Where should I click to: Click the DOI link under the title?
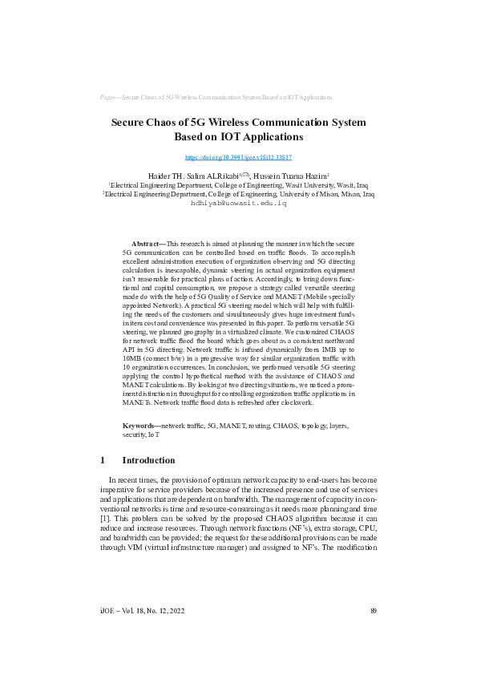click(x=238, y=158)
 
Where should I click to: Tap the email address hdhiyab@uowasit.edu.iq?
click(x=238, y=204)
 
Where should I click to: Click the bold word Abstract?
click(x=148, y=242)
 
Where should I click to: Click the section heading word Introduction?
click(x=148, y=460)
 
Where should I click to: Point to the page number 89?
click(x=374, y=633)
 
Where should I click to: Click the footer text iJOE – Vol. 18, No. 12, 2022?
click(x=143, y=633)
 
